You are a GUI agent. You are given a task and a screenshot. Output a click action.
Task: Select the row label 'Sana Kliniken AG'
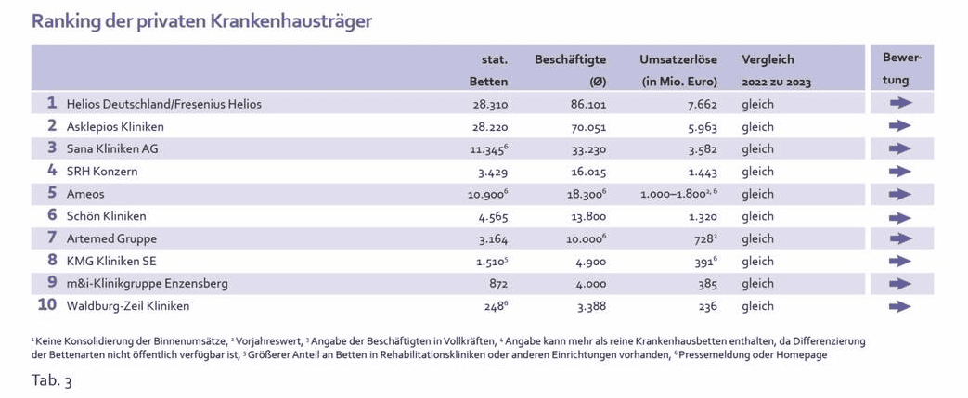coord(112,148)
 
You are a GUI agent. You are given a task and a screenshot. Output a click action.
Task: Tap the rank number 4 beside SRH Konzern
coord(52,171)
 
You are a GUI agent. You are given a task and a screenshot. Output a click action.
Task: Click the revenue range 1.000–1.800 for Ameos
coord(673,195)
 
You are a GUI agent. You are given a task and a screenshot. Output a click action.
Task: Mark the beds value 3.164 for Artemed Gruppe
coord(492,239)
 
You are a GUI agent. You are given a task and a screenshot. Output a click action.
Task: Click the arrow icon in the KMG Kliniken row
coord(899,262)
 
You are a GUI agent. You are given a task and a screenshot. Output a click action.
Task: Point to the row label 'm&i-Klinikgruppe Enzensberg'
coord(148,283)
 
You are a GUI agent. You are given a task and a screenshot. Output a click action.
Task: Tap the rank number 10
coord(47,305)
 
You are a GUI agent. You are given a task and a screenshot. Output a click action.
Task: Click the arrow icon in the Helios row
coord(899,104)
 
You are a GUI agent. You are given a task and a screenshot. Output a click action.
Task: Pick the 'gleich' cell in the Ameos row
coord(757,194)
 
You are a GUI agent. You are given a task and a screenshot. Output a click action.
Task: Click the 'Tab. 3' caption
coord(52,381)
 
